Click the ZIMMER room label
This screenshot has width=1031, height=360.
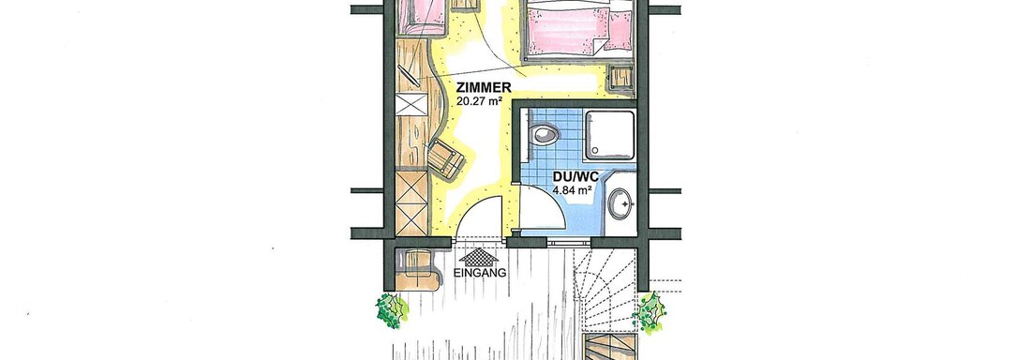pos(484,87)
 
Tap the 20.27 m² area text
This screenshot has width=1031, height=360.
pos(479,100)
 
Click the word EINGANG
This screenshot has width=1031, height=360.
pos(480,272)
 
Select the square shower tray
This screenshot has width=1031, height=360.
pos(610,136)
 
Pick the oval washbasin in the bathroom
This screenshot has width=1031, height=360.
pos(620,204)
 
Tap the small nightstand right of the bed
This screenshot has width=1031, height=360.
pos(620,80)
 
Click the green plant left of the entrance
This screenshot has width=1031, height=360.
pos(392,310)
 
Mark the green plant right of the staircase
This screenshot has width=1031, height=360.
pos(650,312)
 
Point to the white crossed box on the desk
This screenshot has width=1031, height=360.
pos(412,104)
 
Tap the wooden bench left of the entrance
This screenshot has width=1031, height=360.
pos(416,269)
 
